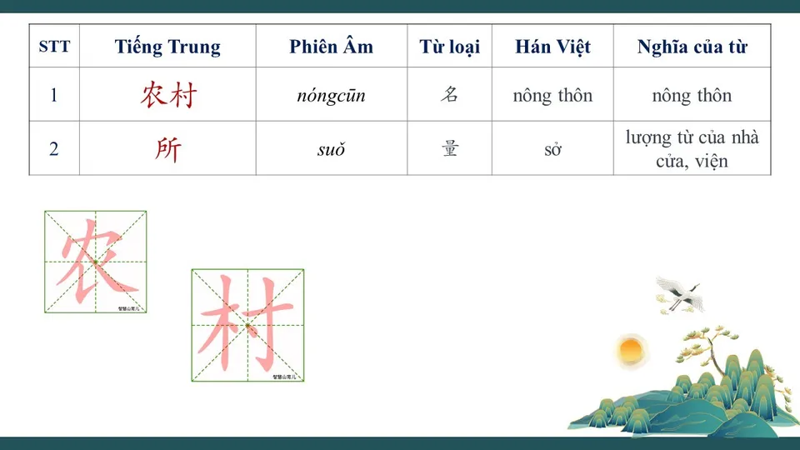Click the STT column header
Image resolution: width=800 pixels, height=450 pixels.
click(54, 47)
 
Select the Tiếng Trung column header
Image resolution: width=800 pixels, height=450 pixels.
click(167, 47)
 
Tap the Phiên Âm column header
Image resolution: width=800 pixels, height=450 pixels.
click(331, 47)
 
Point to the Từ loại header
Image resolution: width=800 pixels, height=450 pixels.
click(449, 47)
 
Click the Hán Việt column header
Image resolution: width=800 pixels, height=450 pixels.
click(552, 47)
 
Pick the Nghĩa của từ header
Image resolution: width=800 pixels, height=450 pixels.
click(692, 47)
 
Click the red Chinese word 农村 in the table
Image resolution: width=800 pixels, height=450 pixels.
click(167, 95)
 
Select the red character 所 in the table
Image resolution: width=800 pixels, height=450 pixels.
click(167, 149)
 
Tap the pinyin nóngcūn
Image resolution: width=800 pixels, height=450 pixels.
click(331, 96)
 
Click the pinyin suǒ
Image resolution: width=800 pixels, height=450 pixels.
click(331, 150)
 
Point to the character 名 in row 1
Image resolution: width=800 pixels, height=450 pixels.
click(449, 95)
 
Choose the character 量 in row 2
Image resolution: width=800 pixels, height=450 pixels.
click(449, 149)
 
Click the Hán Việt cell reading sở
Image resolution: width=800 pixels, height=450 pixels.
click(552, 150)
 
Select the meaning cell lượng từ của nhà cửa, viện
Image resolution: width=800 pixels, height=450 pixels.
click(692, 148)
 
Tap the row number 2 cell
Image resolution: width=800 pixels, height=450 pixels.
click(54, 149)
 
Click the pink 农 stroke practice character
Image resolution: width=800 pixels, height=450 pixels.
click(95, 262)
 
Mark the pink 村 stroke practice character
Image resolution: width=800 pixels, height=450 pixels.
click(247, 325)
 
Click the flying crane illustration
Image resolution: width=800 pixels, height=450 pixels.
click(680, 293)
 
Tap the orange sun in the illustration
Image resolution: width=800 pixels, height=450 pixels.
click(631, 350)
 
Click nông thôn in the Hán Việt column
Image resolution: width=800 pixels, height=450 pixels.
click(552, 95)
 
